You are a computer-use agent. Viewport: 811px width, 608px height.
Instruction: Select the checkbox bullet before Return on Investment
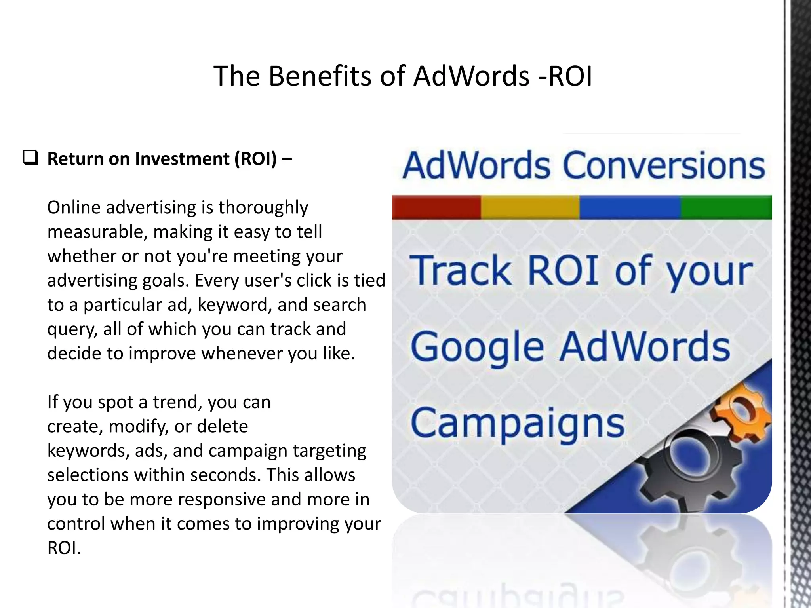[30, 158]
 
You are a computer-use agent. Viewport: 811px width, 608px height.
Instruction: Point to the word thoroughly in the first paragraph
[263, 208]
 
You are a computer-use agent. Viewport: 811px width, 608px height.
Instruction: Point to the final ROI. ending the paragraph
[64, 548]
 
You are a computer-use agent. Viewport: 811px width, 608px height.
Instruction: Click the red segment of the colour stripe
[436, 207]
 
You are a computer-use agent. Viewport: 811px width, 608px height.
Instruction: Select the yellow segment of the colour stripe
[530, 207]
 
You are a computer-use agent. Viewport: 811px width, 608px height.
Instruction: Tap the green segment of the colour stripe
[726, 207]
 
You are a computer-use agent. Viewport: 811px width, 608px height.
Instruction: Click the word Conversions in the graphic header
[664, 165]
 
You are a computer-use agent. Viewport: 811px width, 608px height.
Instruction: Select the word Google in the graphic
[477, 347]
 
